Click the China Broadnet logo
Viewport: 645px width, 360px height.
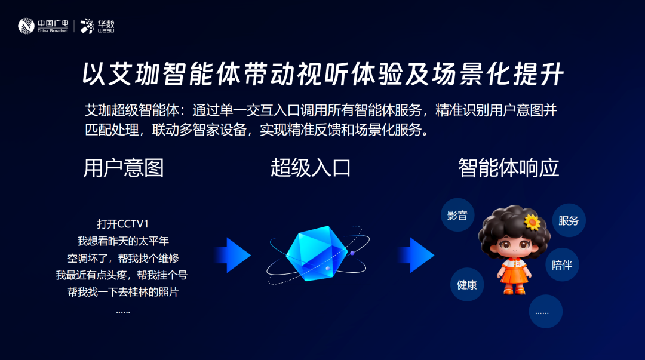(x=43, y=26)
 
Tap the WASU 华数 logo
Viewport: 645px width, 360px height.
(x=97, y=26)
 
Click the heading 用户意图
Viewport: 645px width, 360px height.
(x=124, y=168)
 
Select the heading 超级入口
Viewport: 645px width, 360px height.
(x=311, y=168)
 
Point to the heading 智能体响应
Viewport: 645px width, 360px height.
(x=508, y=168)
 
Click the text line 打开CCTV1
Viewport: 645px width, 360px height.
(x=122, y=224)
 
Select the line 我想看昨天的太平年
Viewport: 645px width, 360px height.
(x=123, y=241)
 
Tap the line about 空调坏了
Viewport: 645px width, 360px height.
(x=123, y=259)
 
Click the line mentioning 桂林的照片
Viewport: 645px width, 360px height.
(x=123, y=293)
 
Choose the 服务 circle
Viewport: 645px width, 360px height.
(x=569, y=220)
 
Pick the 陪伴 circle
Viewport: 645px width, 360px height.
(x=562, y=264)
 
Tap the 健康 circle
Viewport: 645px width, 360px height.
(x=467, y=285)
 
